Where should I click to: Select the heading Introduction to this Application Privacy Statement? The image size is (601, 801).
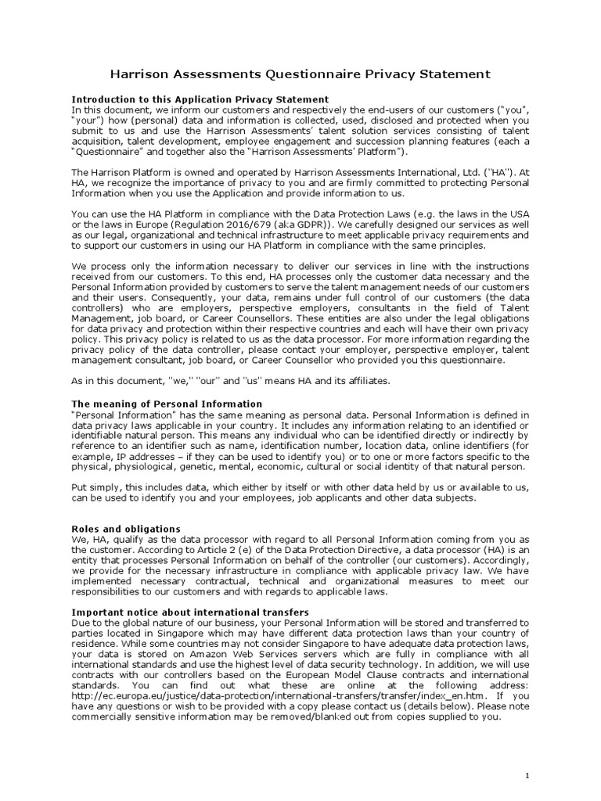(200, 99)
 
